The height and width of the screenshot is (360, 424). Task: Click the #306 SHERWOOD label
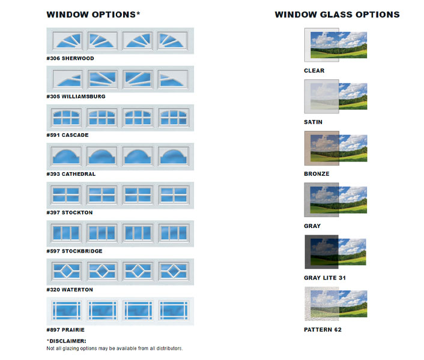pyautogui.click(x=70, y=58)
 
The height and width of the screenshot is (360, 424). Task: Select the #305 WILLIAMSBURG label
pyautogui.click(x=76, y=96)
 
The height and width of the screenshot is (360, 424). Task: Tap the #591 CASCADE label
pyautogui.click(x=67, y=135)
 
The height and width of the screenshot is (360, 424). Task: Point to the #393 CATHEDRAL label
pyautogui.click(x=71, y=174)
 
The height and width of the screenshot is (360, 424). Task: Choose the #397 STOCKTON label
pyautogui.click(x=70, y=212)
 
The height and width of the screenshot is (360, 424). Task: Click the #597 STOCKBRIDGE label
pyautogui.click(x=74, y=251)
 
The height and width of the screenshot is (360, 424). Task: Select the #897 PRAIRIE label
pyautogui.click(x=66, y=329)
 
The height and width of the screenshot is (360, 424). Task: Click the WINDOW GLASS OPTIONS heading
pyautogui.click(x=337, y=14)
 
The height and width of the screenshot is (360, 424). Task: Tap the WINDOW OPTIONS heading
pyautogui.click(x=93, y=14)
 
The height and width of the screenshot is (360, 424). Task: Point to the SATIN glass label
pyautogui.click(x=313, y=122)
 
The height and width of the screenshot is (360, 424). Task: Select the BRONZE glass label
pyautogui.click(x=316, y=173)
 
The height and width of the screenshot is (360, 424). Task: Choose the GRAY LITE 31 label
pyautogui.click(x=324, y=278)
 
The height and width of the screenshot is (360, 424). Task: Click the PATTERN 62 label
pyautogui.click(x=323, y=329)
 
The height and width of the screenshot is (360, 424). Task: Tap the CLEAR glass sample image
pyautogui.click(x=336, y=45)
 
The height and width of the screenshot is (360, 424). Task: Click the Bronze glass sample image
pyautogui.click(x=336, y=149)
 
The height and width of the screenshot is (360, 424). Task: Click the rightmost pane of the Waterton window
pyautogui.click(x=174, y=271)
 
